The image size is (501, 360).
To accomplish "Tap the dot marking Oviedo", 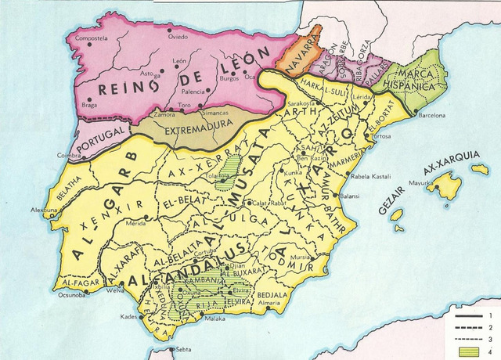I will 169,33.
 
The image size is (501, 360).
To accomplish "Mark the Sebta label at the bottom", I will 183,349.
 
